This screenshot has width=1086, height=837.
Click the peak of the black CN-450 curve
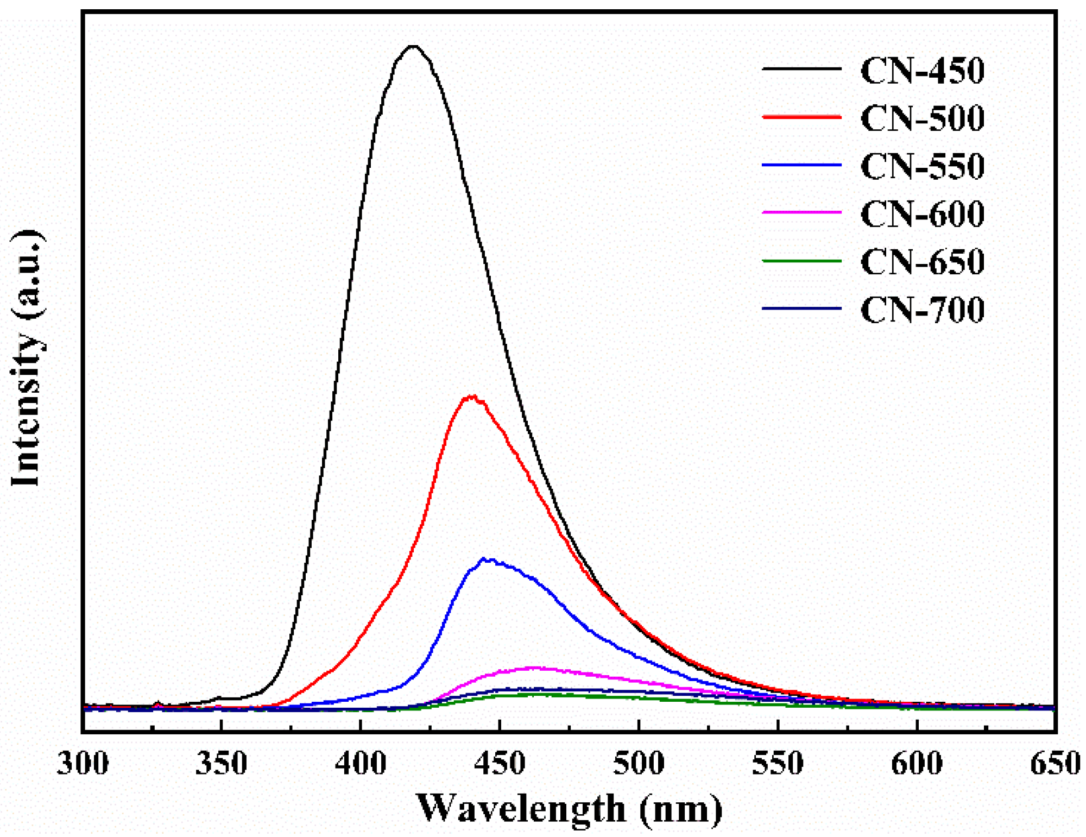[413, 47]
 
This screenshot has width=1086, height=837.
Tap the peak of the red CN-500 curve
[471, 397]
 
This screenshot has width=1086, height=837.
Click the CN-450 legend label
[922, 71]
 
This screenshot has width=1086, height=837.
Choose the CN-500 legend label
[922, 118]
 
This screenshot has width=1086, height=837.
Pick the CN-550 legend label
[922, 166]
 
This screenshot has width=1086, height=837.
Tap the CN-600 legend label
[922, 213]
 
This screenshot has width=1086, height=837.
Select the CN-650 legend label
[922, 261]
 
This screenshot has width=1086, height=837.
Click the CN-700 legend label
[922, 309]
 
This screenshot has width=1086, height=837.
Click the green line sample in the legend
[801, 261]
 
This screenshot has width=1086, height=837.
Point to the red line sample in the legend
[801, 117]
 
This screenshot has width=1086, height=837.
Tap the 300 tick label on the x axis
[83, 763]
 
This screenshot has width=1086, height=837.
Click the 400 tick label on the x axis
[361, 763]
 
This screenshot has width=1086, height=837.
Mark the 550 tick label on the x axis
[778, 763]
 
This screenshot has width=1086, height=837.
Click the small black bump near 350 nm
[219, 697]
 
